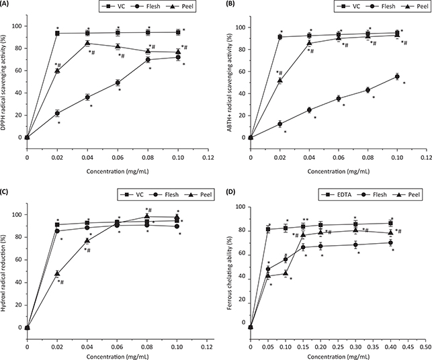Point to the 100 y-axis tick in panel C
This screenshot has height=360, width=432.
coord(17,214)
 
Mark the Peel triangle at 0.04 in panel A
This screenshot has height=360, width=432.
coord(87,43)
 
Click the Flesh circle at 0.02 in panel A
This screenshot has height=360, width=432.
coord(57,113)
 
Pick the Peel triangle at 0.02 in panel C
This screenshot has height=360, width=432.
coord(57,273)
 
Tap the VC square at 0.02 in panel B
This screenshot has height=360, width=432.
coord(280,37)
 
